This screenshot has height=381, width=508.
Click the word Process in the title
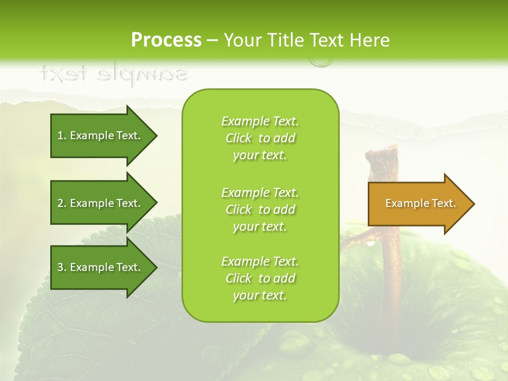166,40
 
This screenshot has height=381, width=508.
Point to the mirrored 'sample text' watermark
113,74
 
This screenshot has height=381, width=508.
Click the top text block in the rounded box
260,138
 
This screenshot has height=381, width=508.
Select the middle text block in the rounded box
260,210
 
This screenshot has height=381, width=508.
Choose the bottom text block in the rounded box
260,278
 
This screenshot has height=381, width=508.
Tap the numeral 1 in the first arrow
60,135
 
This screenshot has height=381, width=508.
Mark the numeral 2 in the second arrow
60,203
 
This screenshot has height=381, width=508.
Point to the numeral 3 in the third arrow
60,267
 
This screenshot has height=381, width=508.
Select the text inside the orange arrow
421,203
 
